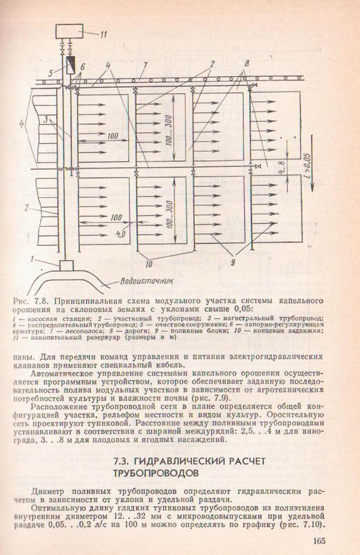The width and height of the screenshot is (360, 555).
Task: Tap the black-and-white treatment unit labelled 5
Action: point(70,65)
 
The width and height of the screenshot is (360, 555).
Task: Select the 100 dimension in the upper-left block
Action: point(114,135)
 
